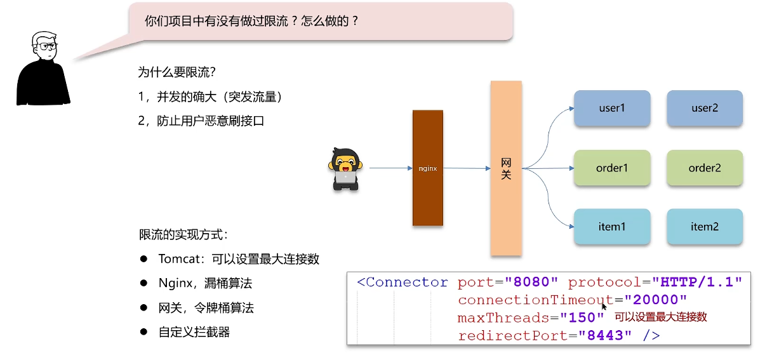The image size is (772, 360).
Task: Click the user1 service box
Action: coord(612,108)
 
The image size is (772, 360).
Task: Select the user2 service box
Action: coord(704,108)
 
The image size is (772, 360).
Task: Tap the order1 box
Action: coord(612,168)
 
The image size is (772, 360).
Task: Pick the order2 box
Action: coord(704,168)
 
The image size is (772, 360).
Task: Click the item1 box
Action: coord(612,227)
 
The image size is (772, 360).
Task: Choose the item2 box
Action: coord(704,227)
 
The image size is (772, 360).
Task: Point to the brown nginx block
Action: coord(427,168)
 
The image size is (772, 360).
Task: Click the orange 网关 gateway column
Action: coord(506,168)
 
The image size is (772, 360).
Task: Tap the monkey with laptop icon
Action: coord(345,169)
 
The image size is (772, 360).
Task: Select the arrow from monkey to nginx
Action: coord(390,168)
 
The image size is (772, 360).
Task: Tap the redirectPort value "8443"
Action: coord(606,335)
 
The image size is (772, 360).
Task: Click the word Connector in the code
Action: coord(407,282)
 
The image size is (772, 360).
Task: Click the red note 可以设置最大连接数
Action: coord(660,317)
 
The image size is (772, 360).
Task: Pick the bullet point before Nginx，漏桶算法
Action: coord(144,283)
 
